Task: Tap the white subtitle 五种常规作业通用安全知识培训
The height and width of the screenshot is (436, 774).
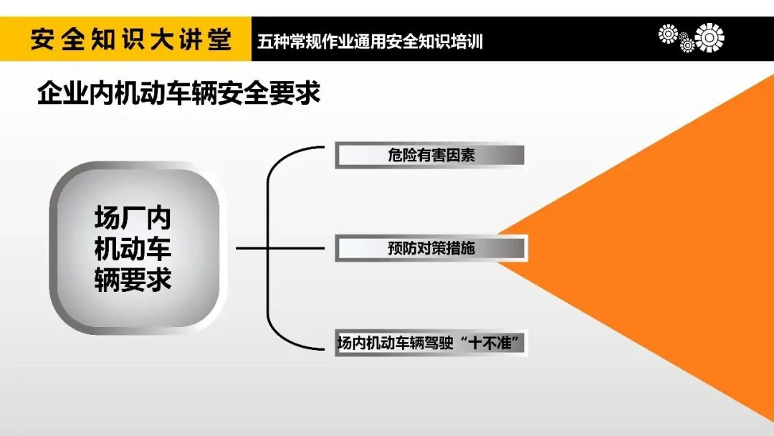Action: tap(370, 42)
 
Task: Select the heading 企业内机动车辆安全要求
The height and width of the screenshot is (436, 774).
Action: tap(178, 94)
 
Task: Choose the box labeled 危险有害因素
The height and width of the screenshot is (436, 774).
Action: tap(430, 156)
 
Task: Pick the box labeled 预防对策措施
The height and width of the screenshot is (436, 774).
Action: tap(431, 249)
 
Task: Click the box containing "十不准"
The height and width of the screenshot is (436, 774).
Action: tap(430, 342)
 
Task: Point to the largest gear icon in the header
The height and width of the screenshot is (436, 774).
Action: tap(709, 37)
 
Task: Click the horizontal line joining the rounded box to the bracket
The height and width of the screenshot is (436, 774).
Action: tap(251, 249)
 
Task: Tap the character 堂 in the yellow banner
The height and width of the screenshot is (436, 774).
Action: tap(219, 39)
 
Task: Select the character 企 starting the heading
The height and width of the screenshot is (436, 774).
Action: tap(49, 94)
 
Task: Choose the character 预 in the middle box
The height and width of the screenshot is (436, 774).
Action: tap(396, 249)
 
